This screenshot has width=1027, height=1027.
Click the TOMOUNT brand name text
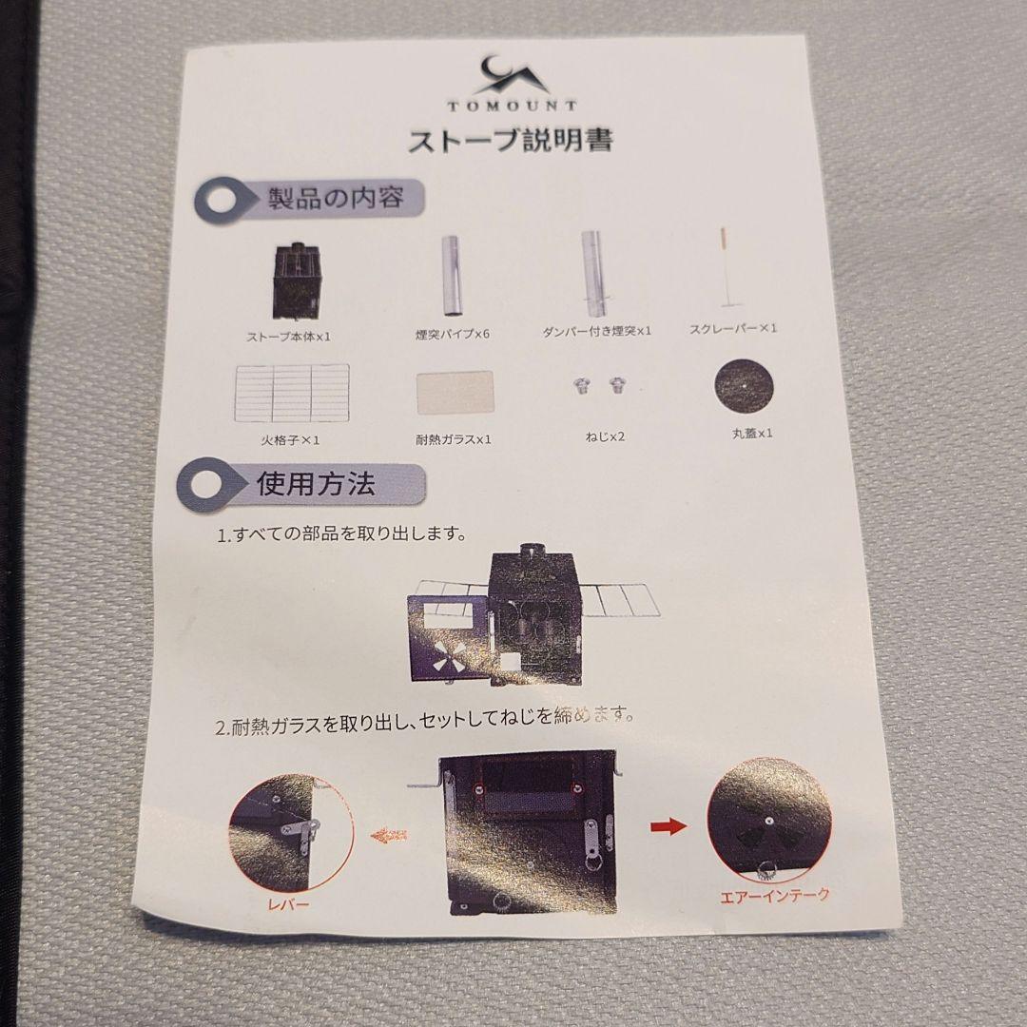click(x=512, y=107)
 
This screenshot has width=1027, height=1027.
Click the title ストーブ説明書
click(x=510, y=142)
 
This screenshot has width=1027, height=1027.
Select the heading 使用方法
click(x=316, y=484)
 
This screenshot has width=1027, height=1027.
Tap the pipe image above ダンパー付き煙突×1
click(x=595, y=276)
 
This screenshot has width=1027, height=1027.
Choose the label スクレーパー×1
click(x=734, y=329)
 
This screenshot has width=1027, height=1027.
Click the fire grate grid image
click(x=291, y=392)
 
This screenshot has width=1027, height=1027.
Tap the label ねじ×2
click(x=605, y=436)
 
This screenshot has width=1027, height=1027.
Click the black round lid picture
click(x=743, y=385)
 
